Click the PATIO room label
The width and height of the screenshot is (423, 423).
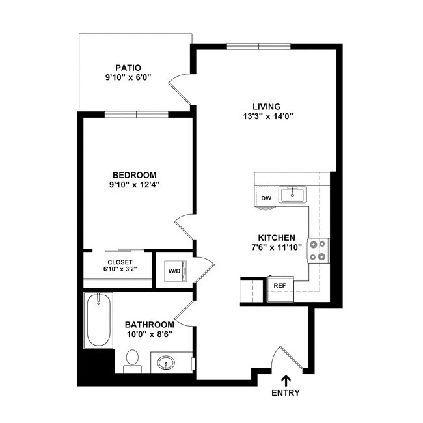pyautogui.click(x=128, y=67)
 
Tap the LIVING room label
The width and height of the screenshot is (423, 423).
pyautogui.click(x=267, y=107)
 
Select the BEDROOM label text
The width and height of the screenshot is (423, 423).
pyautogui.click(x=135, y=174)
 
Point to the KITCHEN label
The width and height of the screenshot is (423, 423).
pyautogui.click(x=277, y=238)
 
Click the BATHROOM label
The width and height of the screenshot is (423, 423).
pyautogui.click(x=149, y=325)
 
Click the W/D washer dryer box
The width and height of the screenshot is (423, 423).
pyautogui.click(x=174, y=271)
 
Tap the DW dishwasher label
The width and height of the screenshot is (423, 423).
pyautogui.click(x=266, y=198)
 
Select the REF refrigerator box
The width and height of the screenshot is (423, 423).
pyautogui.click(x=280, y=286)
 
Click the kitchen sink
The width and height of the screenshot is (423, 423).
pyautogui.click(x=294, y=194)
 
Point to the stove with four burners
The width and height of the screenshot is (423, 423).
pyautogui.click(x=318, y=250)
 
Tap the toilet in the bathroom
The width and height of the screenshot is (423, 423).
pyautogui.click(x=132, y=360)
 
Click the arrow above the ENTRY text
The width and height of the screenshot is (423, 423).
pyautogui.click(x=286, y=380)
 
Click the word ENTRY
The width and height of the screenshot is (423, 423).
pyautogui.click(x=286, y=393)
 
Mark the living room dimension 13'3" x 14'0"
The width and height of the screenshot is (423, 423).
pyautogui.click(x=267, y=117)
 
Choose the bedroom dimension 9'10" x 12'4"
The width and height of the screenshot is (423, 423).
pyautogui.click(x=135, y=185)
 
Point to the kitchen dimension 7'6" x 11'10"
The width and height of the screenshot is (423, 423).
pyautogui.click(x=277, y=248)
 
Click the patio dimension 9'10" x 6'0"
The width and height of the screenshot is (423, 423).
pyautogui.click(x=128, y=77)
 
